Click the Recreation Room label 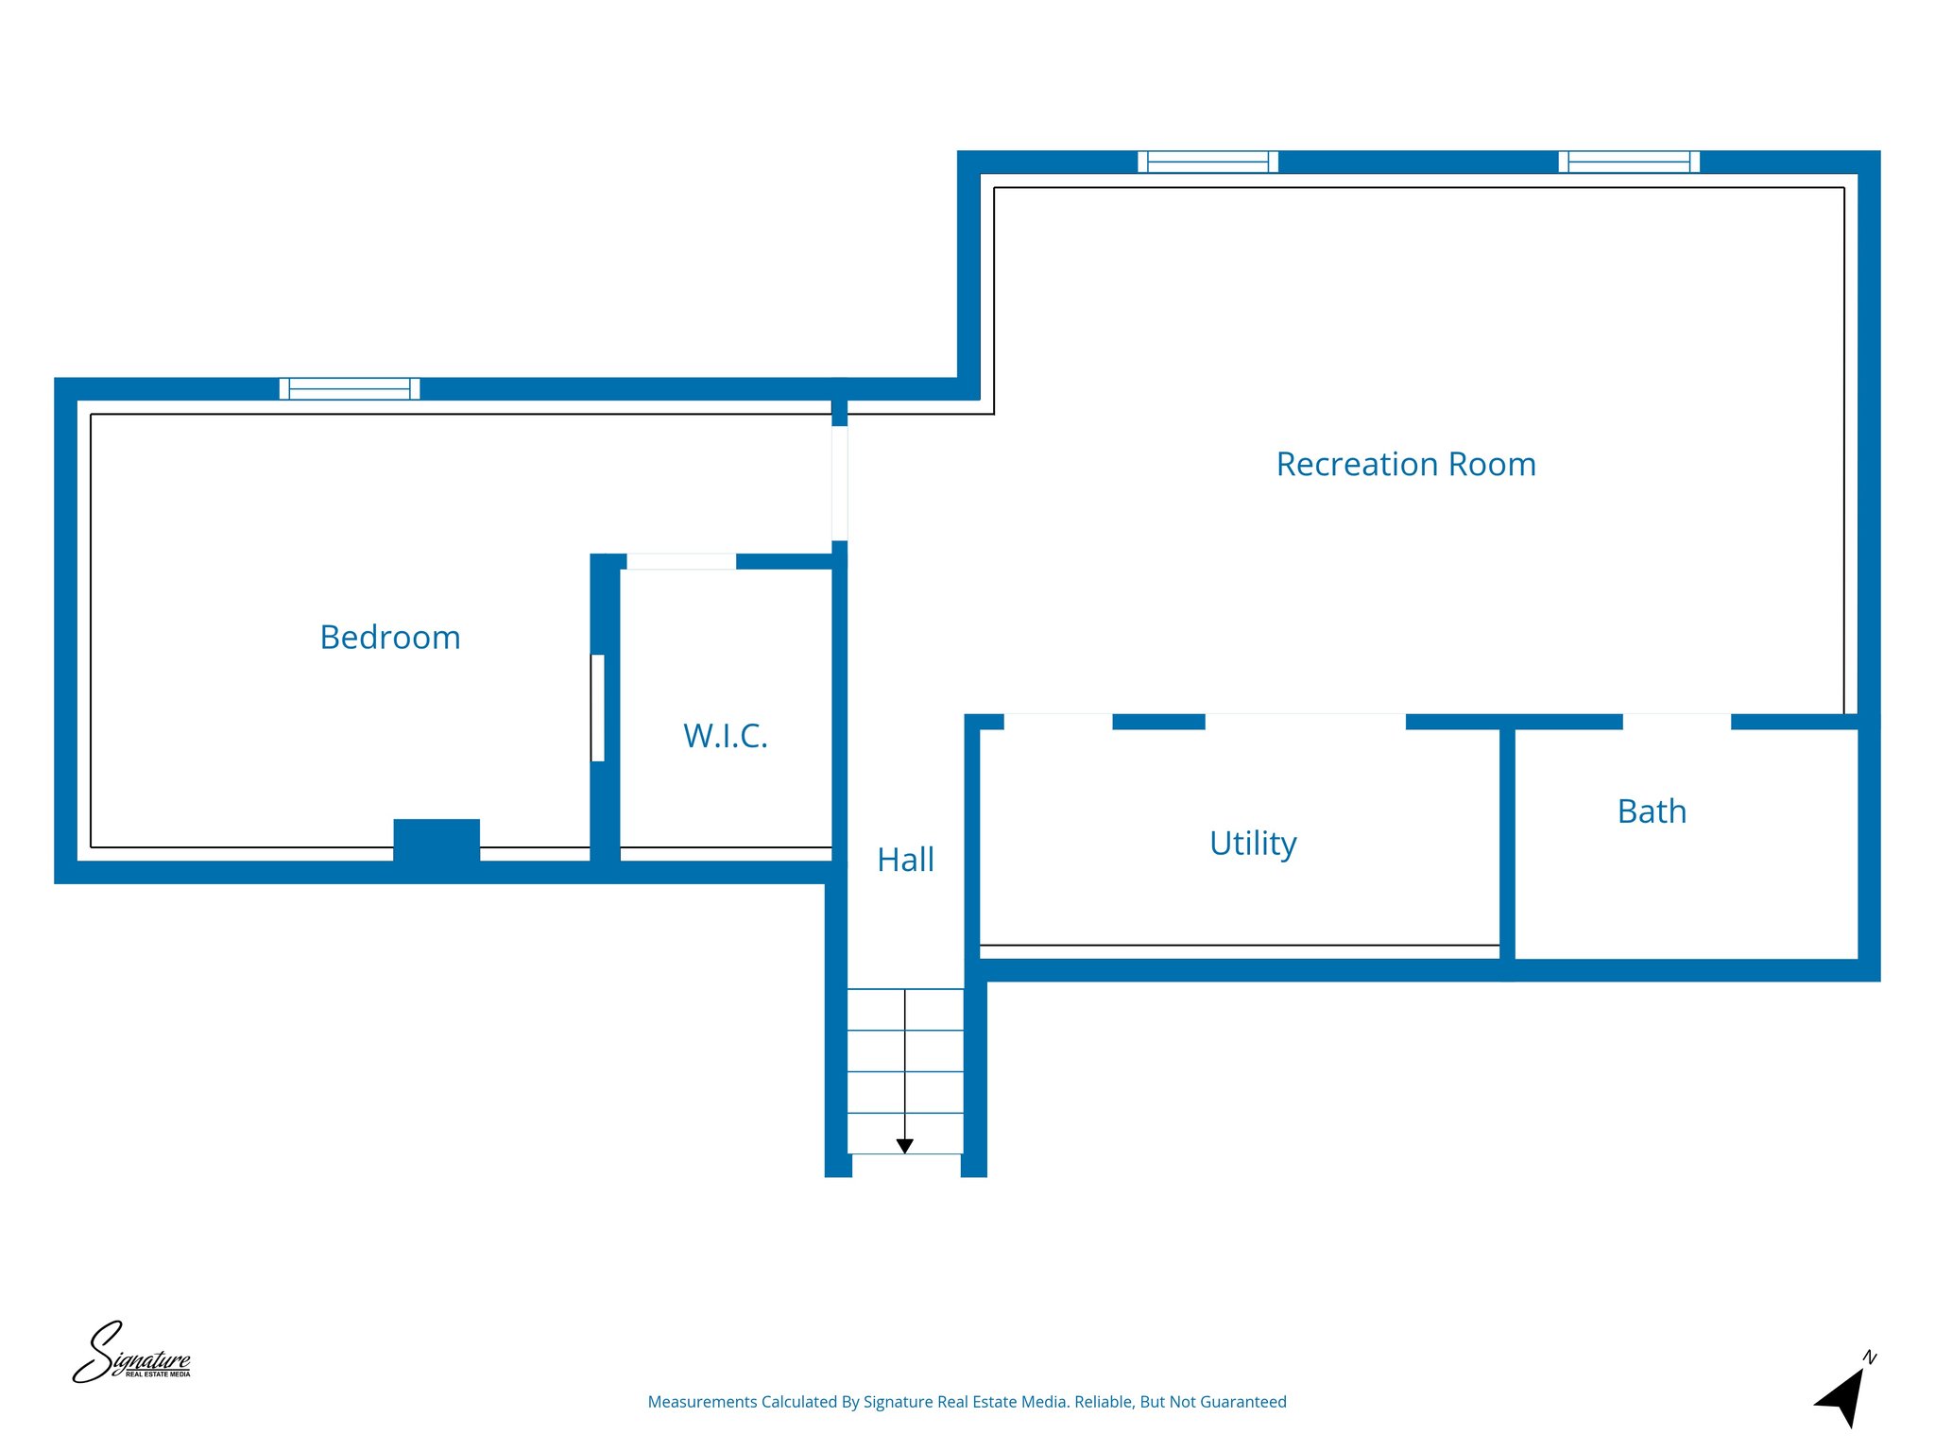pos(1405,465)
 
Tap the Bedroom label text pos(390,638)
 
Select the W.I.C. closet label pos(725,736)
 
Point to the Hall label pos(905,860)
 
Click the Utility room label pos(1253,843)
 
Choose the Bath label pos(1652,811)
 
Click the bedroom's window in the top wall pos(350,388)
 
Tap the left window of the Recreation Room pos(1207,162)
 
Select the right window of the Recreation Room pos(1629,162)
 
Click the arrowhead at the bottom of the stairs pos(905,1146)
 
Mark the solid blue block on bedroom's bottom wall pos(437,840)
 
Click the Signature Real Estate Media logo pos(131,1354)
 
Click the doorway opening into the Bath pos(1677,722)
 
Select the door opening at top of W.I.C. pos(681,561)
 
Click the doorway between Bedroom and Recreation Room pos(839,483)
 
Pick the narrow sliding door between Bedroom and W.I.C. pos(597,708)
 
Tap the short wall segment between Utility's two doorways pos(1158,722)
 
